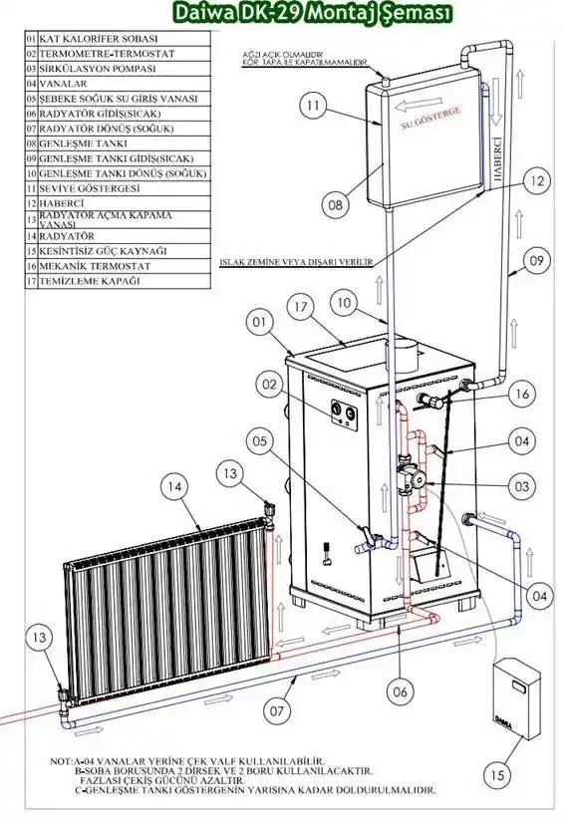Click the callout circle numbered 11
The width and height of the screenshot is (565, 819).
[x=313, y=106]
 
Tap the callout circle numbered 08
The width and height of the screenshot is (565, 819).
[x=335, y=204]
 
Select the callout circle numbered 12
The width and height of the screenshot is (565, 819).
[x=537, y=181]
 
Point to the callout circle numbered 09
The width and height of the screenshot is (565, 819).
[x=536, y=260]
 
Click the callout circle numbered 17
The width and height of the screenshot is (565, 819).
[x=300, y=307]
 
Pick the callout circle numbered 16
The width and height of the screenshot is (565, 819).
[x=522, y=394]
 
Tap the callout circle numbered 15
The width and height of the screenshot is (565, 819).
[x=497, y=775]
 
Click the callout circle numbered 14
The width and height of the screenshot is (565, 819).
[x=174, y=487]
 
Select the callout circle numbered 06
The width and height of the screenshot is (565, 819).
[x=400, y=692]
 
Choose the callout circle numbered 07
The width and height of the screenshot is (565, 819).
[x=277, y=710]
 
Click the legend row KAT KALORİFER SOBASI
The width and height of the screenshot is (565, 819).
[x=118, y=39]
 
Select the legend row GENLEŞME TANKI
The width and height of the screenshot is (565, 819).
[x=118, y=143]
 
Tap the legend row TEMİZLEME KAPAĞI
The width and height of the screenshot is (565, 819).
[x=118, y=281]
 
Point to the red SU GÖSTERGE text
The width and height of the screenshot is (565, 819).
[x=431, y=118]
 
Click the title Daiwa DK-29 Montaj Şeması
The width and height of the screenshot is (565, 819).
[x=313, y=13]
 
